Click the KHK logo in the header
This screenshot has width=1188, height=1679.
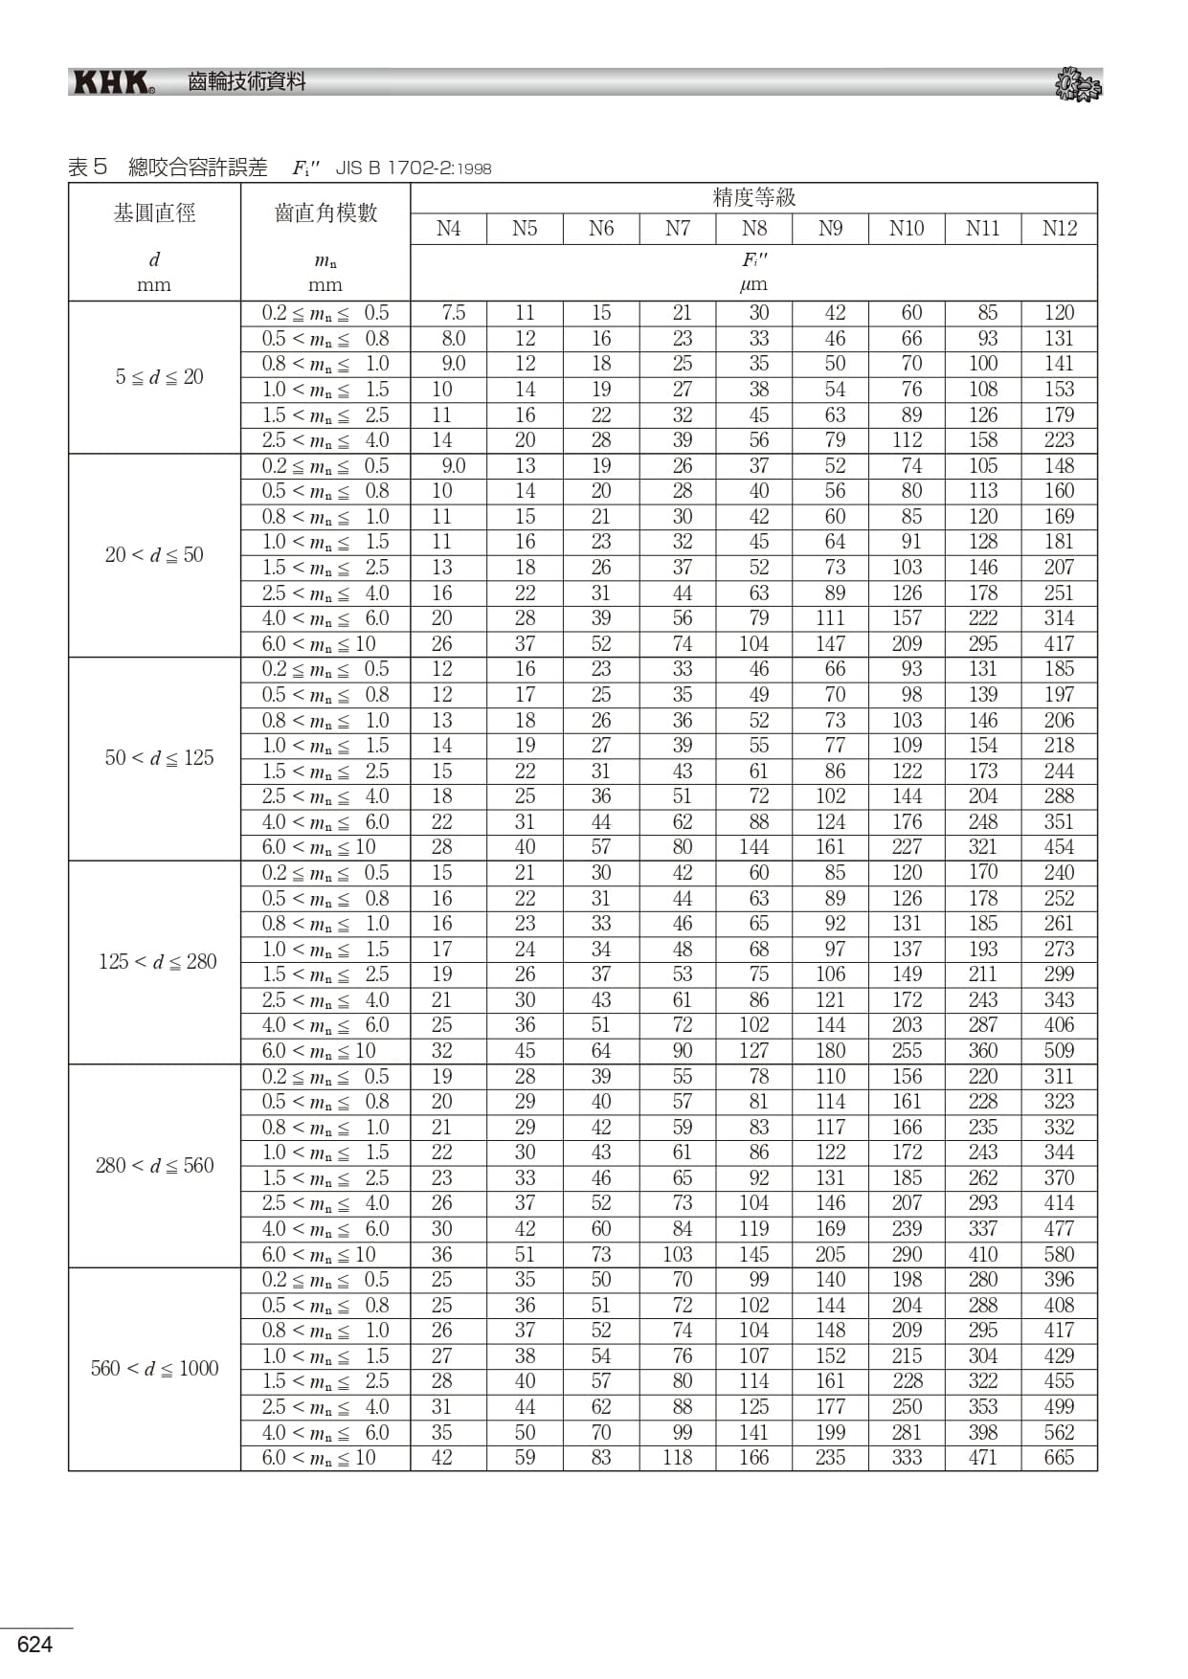click(x=114, y=83)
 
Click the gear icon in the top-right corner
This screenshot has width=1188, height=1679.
click(x=1078, y=85)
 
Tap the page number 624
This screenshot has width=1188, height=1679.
click(x=34, y=1645)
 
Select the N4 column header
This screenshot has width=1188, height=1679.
click(x=448, y=229)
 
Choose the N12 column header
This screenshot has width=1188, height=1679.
click(x=1059, y=229)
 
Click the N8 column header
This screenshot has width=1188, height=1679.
click(x=754, y=229)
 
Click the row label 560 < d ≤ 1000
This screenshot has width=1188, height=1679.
click(x=154, y=1369)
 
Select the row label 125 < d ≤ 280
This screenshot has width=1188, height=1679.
click(x=157, y=962)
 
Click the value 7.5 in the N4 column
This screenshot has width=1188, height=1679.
click(x=453, y=313)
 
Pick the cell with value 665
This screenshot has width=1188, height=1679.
click(x=1059, y=1458)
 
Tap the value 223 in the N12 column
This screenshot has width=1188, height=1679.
click(x=1059, y=440)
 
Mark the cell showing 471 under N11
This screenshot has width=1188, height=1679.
click(x=982, y=1458)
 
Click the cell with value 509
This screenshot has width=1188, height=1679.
click(x=1059, y=1051)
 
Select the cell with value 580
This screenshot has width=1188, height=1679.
click(x=1059, y=1254)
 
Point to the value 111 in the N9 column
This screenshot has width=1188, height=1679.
click(x=830, y=618)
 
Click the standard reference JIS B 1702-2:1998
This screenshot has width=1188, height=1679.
click(x=413, y=168)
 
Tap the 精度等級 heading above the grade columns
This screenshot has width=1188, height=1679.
click(x=753, y=198)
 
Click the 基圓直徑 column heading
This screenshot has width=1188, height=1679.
click(x=154, y=213)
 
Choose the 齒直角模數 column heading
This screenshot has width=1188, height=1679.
click(x=325, y=213)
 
